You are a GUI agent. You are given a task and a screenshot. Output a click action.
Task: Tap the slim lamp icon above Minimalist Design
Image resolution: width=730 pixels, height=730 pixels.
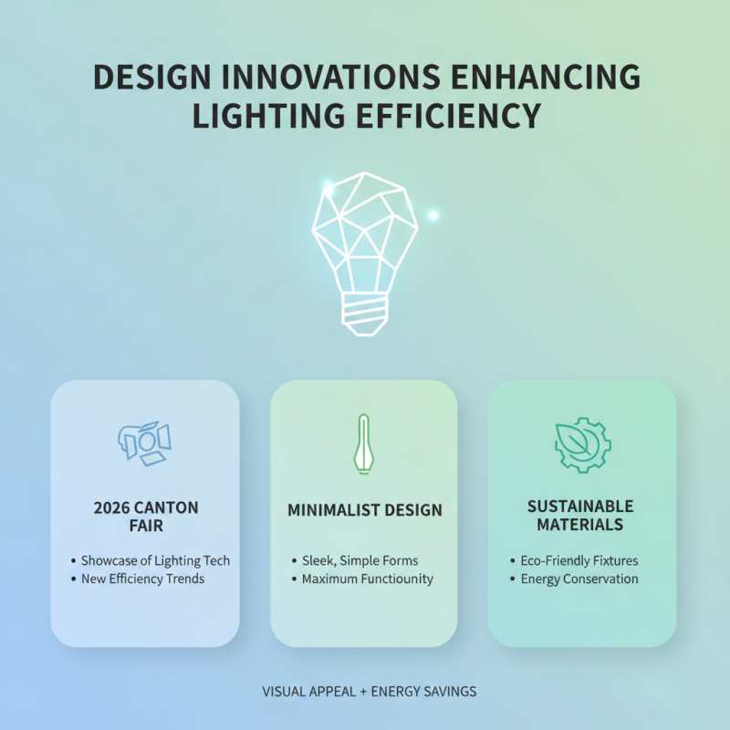(364, 443)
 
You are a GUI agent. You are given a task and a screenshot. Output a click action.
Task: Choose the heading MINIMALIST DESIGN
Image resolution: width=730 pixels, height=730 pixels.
(364, 510)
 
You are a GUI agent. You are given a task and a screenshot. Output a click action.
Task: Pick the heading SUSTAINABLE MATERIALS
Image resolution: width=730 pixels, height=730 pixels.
(580, 516)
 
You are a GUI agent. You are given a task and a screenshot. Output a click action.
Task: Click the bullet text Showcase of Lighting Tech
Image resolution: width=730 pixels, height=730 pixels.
(155, 560)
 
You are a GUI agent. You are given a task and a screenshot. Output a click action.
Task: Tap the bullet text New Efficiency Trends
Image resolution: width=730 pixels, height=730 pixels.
(142, 579)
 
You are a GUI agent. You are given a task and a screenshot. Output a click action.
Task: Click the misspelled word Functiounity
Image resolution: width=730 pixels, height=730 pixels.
(395, 579)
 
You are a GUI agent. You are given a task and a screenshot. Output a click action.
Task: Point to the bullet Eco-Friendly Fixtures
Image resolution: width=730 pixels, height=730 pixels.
(579, 560)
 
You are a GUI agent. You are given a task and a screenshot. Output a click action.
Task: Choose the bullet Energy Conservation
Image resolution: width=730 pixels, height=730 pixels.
(579, 579)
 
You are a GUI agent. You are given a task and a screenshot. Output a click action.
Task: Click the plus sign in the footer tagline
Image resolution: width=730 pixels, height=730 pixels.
(362, 692)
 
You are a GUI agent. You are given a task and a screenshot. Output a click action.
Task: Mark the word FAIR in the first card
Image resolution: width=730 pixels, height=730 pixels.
(146, 526)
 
